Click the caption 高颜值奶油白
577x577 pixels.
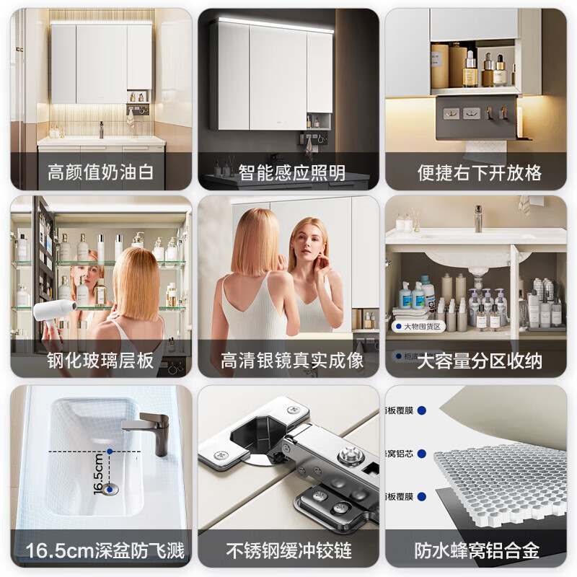pyautogui.click(x=101, y=173)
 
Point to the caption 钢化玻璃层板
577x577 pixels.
pyautogui.click(x=101, y=361)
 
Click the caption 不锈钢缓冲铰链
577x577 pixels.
pyautogui.click(x=288, y=552)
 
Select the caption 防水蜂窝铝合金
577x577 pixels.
pyautogui.click(x=476, y=552)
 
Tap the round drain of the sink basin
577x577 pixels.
pyautogui.click(x=110, y=489)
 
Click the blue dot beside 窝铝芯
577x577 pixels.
pyautogui.click(x=420, y=454)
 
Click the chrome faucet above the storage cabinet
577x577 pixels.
pyautogui.click(x=477, y=218)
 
